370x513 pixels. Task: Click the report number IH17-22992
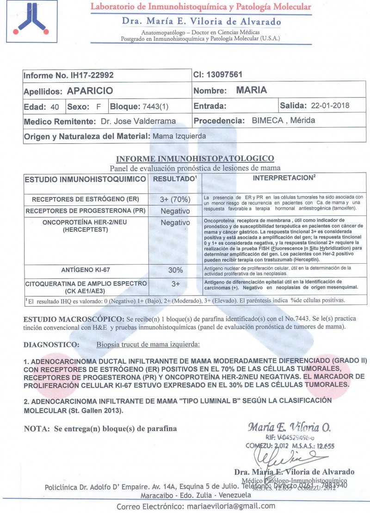90,75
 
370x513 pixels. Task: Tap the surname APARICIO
90,91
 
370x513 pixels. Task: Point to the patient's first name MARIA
252,90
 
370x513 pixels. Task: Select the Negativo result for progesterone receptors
175,211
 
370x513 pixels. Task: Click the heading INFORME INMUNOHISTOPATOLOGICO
195,158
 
